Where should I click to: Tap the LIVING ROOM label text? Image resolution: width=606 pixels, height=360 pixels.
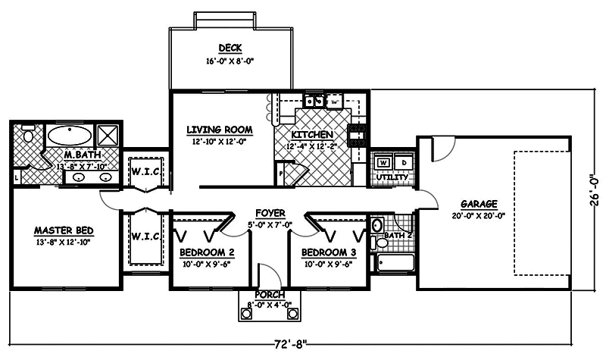(x=219, y=130)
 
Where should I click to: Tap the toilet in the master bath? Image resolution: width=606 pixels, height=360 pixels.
(x=29, y=136)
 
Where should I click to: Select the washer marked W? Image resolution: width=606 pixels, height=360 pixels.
(x=383, y=162)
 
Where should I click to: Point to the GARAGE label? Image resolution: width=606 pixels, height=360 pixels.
(x=478, y=204)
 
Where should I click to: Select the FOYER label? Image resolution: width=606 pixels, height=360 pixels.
(x=270, y=213)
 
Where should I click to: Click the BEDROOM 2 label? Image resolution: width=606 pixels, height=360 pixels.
(x=206, y=252)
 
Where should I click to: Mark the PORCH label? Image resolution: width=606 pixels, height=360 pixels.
(x=270, y=294)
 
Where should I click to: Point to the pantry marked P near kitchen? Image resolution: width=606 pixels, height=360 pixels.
(x=282, y=174)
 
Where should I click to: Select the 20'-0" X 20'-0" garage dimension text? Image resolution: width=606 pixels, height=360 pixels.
(x=478, y=215)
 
